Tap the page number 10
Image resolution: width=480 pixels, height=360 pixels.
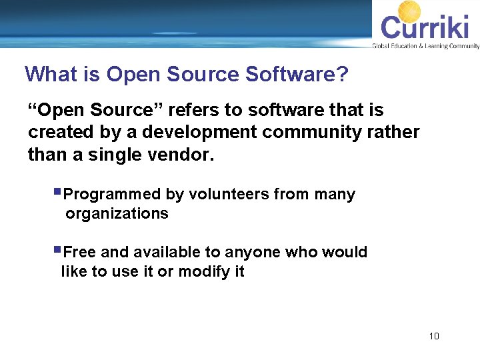tap(434, 336)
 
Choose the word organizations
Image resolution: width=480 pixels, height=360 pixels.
tap(117, 213)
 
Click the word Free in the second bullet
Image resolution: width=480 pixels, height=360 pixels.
tap(79, 252)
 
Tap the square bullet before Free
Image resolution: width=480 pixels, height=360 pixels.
tap(58, 250)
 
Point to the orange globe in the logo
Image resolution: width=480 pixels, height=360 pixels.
tap(409, 12)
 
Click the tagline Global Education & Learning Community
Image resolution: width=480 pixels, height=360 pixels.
tap(425, 46)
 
